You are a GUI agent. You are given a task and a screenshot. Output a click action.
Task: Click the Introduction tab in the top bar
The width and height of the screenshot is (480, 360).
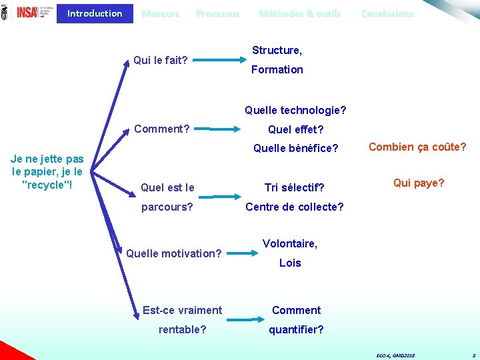[95, 13]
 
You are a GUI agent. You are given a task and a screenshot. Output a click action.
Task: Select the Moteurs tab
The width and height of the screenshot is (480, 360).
[160, 13]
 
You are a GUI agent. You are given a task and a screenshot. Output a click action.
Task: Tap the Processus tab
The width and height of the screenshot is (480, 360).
[217, 13]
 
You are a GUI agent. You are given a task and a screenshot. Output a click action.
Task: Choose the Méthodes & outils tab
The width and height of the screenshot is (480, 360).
[299, 13]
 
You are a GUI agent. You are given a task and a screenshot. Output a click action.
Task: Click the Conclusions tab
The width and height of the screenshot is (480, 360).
[387, 13]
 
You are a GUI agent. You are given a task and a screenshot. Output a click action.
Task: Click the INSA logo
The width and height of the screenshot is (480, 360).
[27, 12]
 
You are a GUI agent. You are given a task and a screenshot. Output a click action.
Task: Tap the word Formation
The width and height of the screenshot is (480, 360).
[277, 69]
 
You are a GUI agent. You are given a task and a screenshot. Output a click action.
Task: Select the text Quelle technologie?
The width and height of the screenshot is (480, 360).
[295, 110]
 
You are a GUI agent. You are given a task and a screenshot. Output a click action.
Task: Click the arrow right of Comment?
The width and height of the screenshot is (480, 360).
[212, 128]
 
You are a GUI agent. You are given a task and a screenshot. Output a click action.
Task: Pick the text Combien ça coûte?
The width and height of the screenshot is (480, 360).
[417, 147]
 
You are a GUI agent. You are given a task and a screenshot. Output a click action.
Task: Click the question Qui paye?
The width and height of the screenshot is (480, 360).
[419, 183]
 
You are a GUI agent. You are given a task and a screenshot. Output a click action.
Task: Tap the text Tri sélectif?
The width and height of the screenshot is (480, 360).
[294, 187]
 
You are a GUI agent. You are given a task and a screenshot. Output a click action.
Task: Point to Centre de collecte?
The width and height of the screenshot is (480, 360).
[294, 207]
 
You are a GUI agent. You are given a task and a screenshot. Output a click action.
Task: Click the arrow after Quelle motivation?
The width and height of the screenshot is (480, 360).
[242, 253]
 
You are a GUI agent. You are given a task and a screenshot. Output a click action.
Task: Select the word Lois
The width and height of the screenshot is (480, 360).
[290, 263]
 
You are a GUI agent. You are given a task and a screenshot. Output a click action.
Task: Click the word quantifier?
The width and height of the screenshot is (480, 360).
[296, 329]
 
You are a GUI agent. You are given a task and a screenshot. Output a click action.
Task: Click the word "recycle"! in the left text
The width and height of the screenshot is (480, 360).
[47, 184]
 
